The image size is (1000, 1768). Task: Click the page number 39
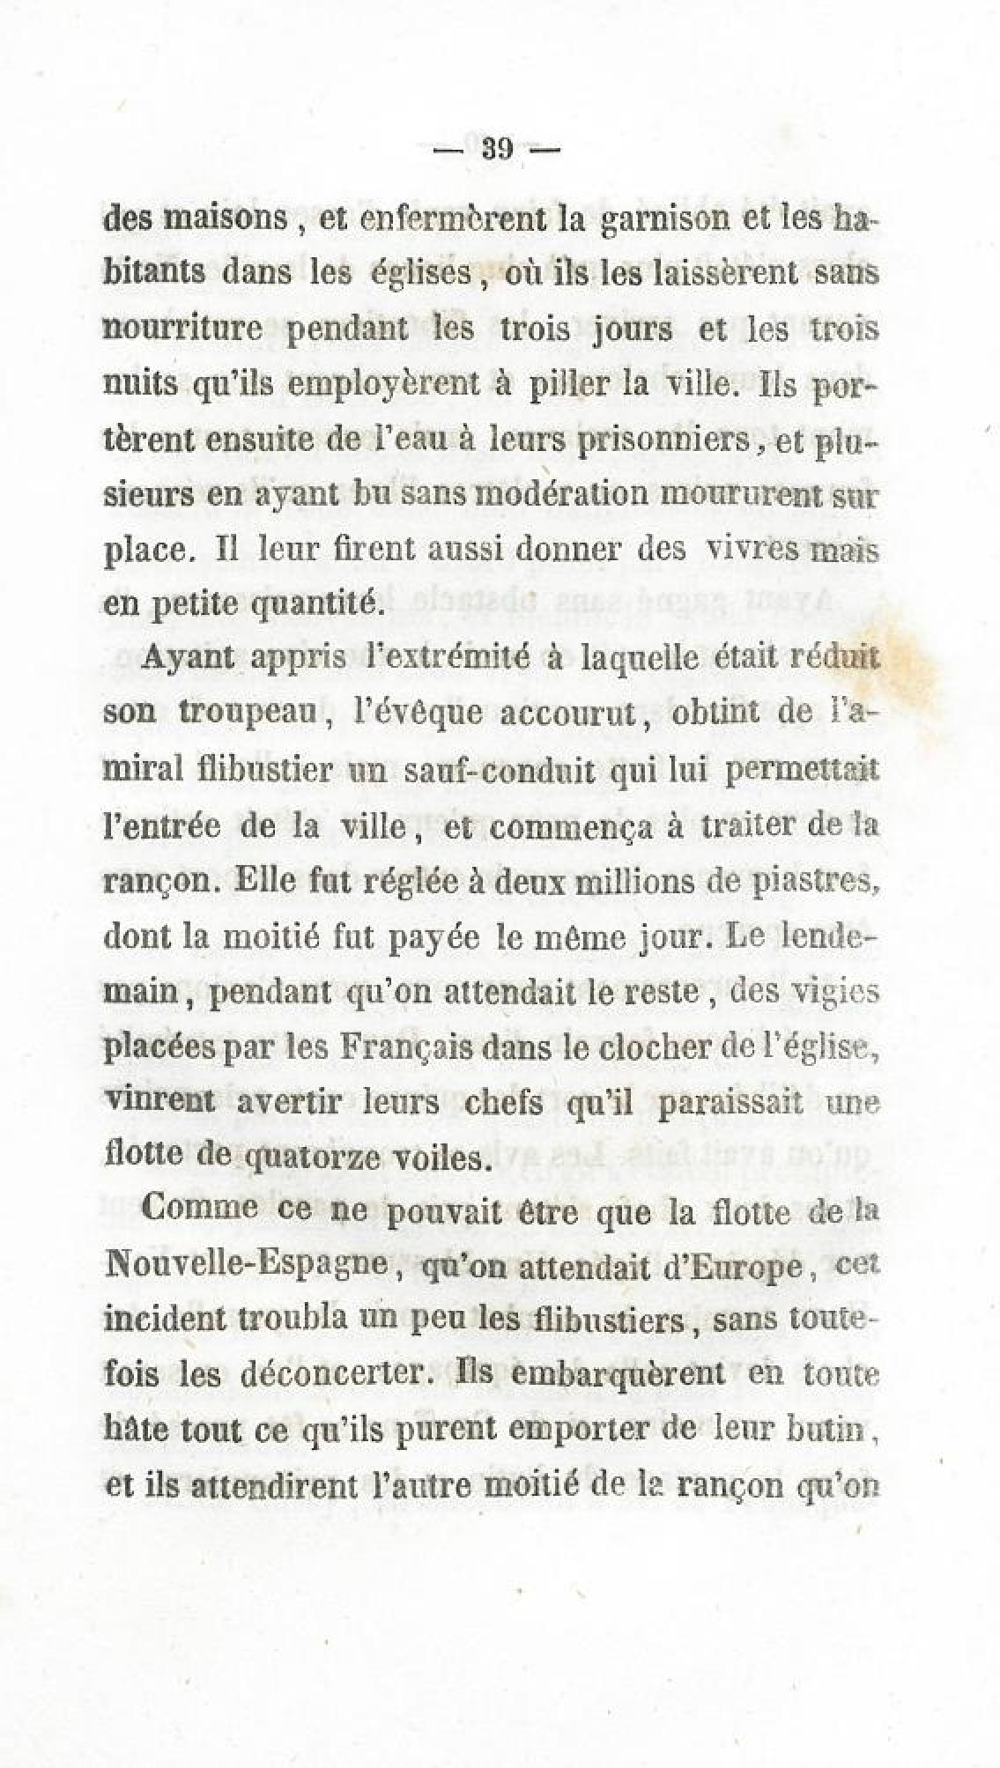[x=497, y=149]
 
